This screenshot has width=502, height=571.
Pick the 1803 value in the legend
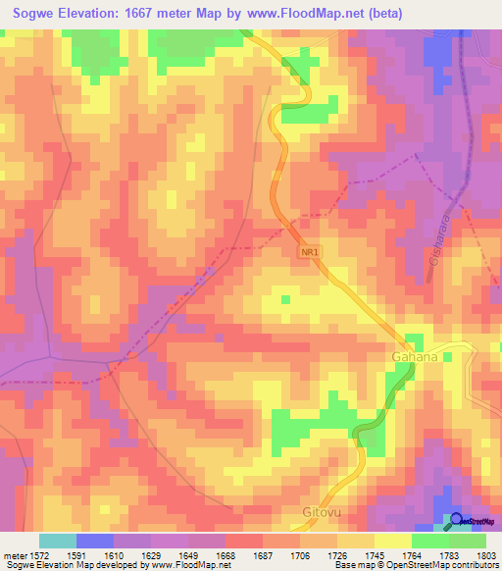click(x=486, y=553)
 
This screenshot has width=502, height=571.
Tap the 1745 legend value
click(x=375, y=553)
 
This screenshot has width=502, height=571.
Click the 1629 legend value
click(x=151, y=553)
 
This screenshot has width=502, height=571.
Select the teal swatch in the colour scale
click(x=58, y=541)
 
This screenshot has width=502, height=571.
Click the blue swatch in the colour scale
click(x=95, y=541)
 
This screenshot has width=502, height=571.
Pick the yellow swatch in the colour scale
click(x=393, y=541)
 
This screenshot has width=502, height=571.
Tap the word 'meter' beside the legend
click(x=16, y=553)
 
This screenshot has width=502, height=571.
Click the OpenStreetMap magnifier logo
click(x=457, y=519)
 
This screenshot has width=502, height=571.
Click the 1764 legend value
click(x=412, y=553)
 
